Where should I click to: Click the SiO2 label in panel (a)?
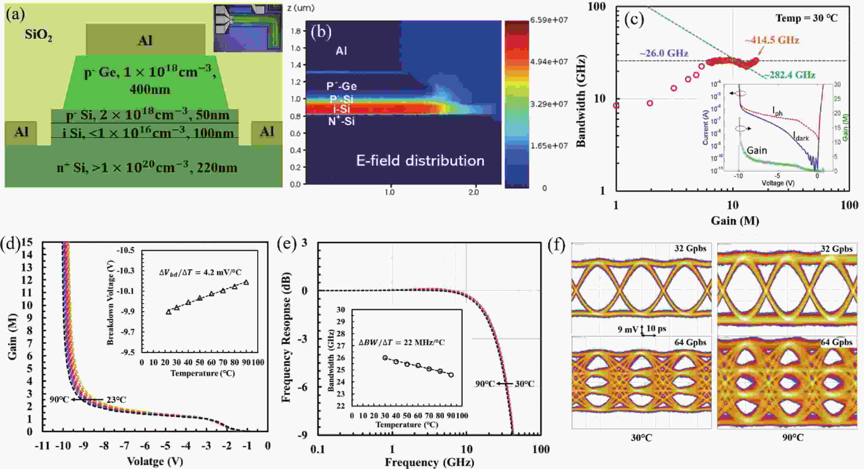38,35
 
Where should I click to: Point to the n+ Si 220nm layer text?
147,167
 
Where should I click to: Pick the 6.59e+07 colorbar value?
549,20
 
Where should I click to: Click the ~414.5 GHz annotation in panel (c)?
772,40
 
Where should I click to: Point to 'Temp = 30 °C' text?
807,18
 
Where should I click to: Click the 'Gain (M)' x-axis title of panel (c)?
735,220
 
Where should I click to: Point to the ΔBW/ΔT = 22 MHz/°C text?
402,342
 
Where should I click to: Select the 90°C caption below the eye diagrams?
793,437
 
